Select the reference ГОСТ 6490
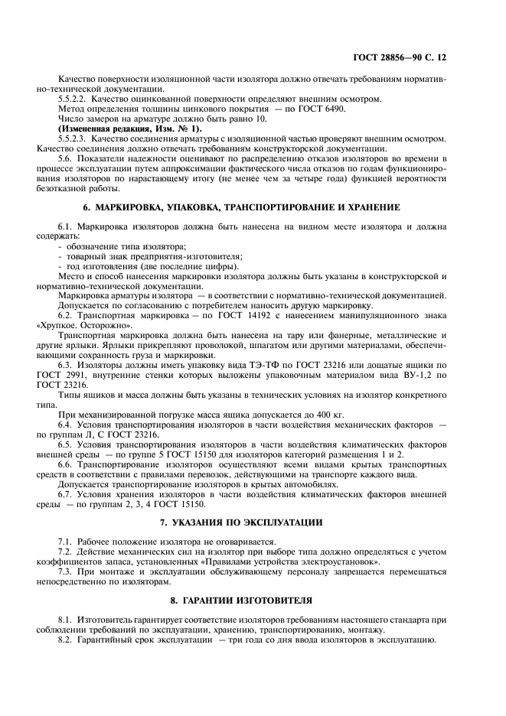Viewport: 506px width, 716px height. click(323, 109)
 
